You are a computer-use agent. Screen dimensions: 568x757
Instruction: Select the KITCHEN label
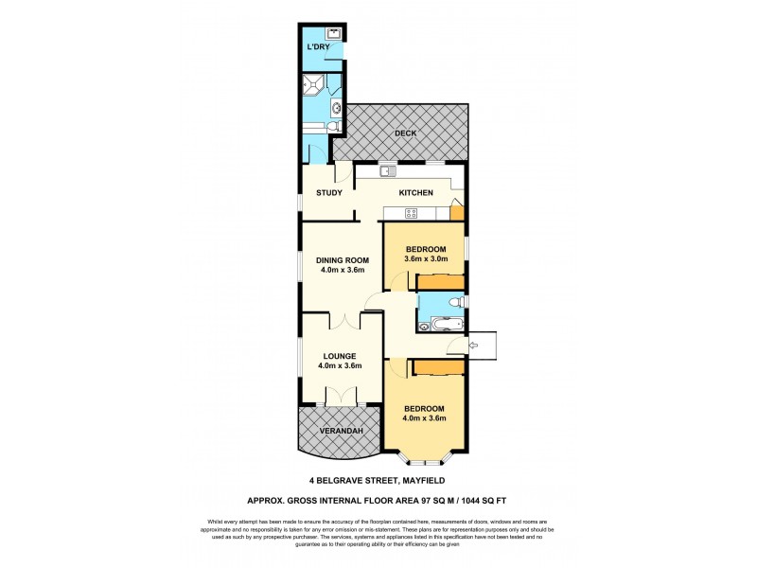coord(415,193)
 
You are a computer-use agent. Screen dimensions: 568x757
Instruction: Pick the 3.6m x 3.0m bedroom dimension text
coord(425,259)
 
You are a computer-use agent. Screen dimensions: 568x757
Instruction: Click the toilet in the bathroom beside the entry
coord(455,302)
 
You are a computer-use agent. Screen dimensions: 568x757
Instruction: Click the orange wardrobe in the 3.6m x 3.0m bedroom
coord(440,282)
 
